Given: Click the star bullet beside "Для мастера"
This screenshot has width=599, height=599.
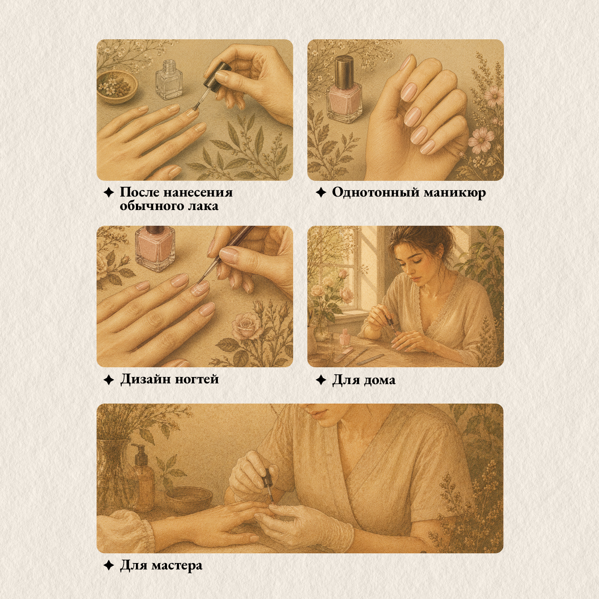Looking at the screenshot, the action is (109, 565).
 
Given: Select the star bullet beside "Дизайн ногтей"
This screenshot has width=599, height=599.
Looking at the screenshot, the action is (109, 380).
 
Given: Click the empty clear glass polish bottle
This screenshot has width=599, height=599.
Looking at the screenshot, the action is (169, 80).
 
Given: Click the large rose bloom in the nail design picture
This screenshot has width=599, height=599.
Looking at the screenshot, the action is (245, 326).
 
